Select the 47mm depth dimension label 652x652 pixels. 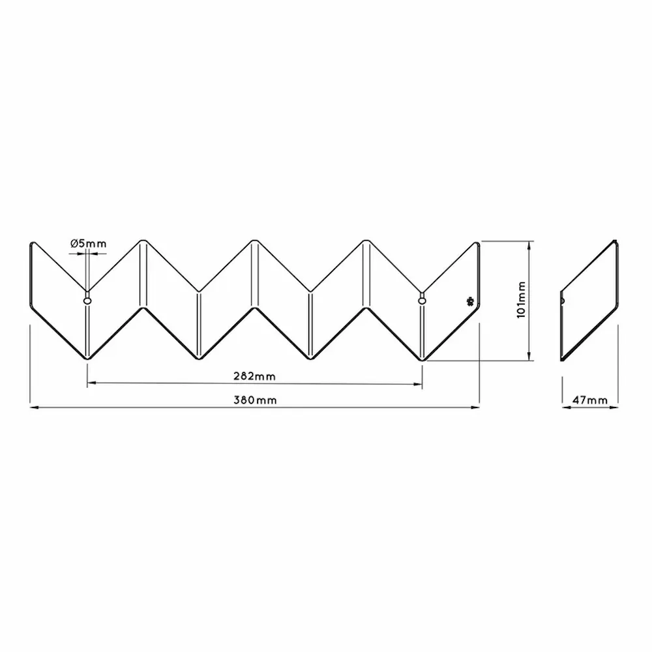(x=589, y=400)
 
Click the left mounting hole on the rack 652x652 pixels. (x=87, y=301)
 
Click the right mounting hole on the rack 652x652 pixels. (x=422, y=301)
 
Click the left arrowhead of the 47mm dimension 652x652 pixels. (x=565, y=407)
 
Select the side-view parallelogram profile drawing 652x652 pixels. (x=589, y=301)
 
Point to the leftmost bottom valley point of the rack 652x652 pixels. (x=87, y=358)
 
